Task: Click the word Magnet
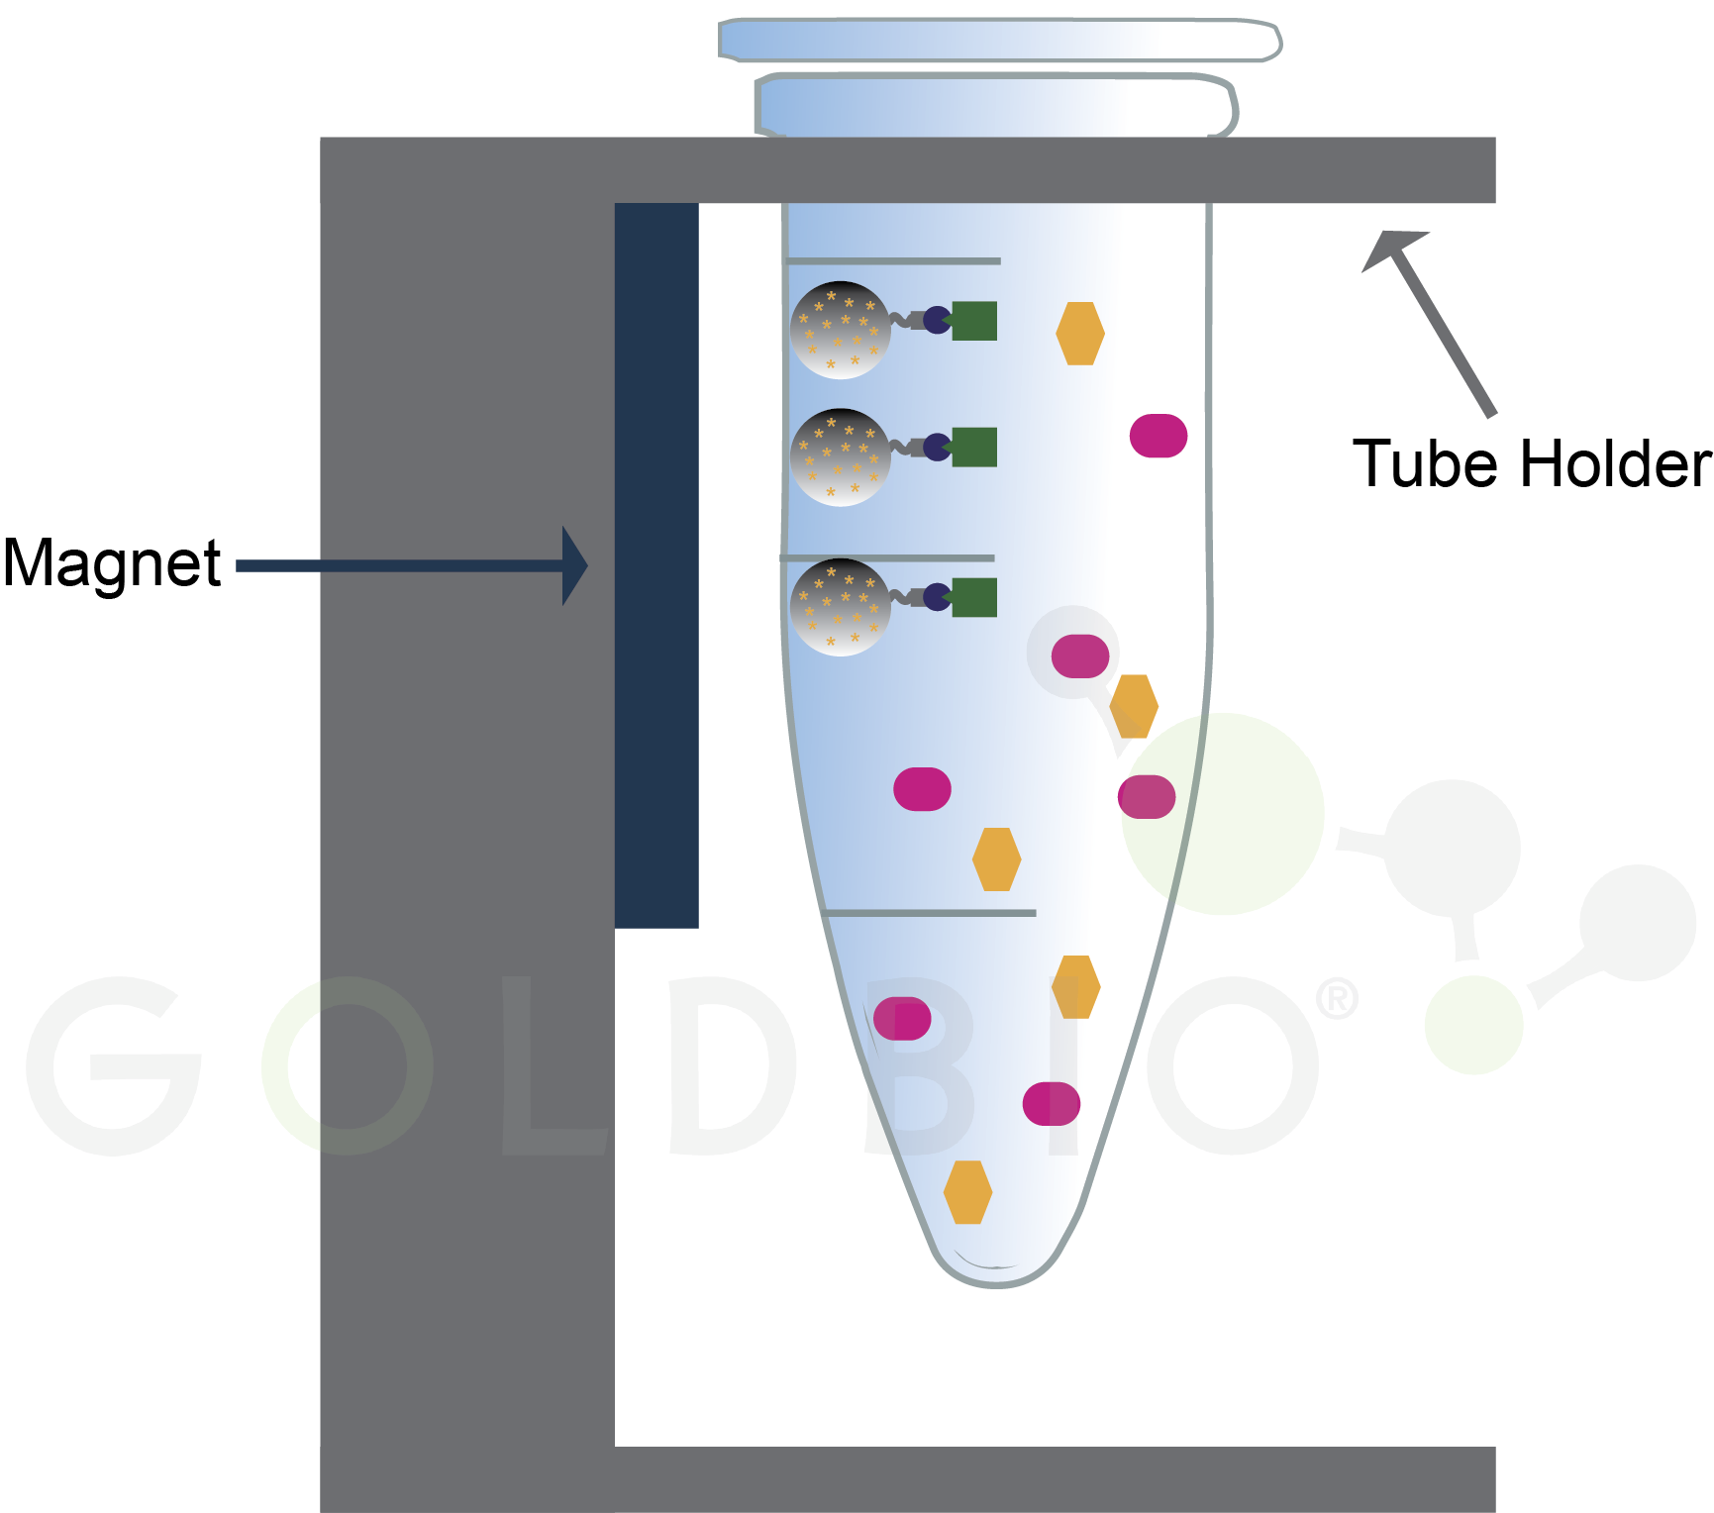coord(111,564)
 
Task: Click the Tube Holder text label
coord(1531,463)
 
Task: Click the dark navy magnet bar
coord(656,564)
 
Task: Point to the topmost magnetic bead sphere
coord(840,331)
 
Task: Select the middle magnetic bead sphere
coord(840,457)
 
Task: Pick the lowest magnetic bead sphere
coord(840,607)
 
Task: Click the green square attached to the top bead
coord(974,321)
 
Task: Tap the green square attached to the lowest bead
coord(974,598)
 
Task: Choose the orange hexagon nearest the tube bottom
coord(967,1192)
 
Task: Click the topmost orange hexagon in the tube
coord(1079,334)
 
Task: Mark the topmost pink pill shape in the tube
coord(1159,436)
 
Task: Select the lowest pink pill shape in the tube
coord(1051,1103)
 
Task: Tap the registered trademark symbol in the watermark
coord(1337,999)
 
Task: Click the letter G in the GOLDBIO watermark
coord(114,1066)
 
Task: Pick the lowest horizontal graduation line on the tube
coord(929,913)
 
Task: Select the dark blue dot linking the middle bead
coord(937,448)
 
